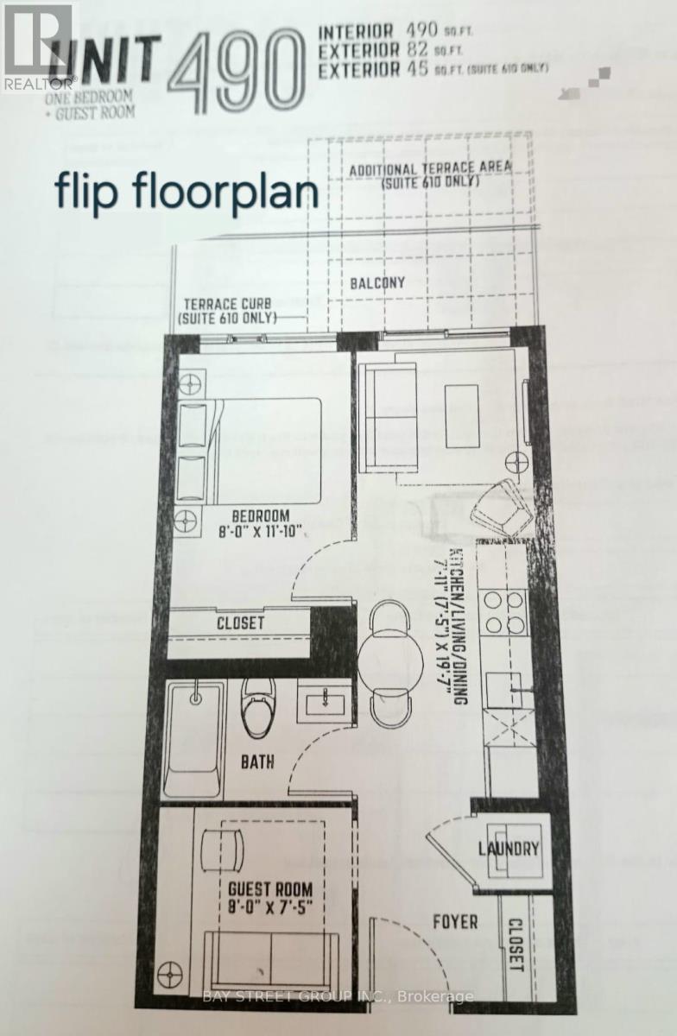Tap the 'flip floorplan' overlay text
(x=187, y=192)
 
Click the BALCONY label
(x=378, y=282)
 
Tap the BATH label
(x=257, y=762)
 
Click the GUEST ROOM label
(x=270, y=888)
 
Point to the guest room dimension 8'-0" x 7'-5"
(x=270, y=907)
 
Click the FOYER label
(x=454, y=922)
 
